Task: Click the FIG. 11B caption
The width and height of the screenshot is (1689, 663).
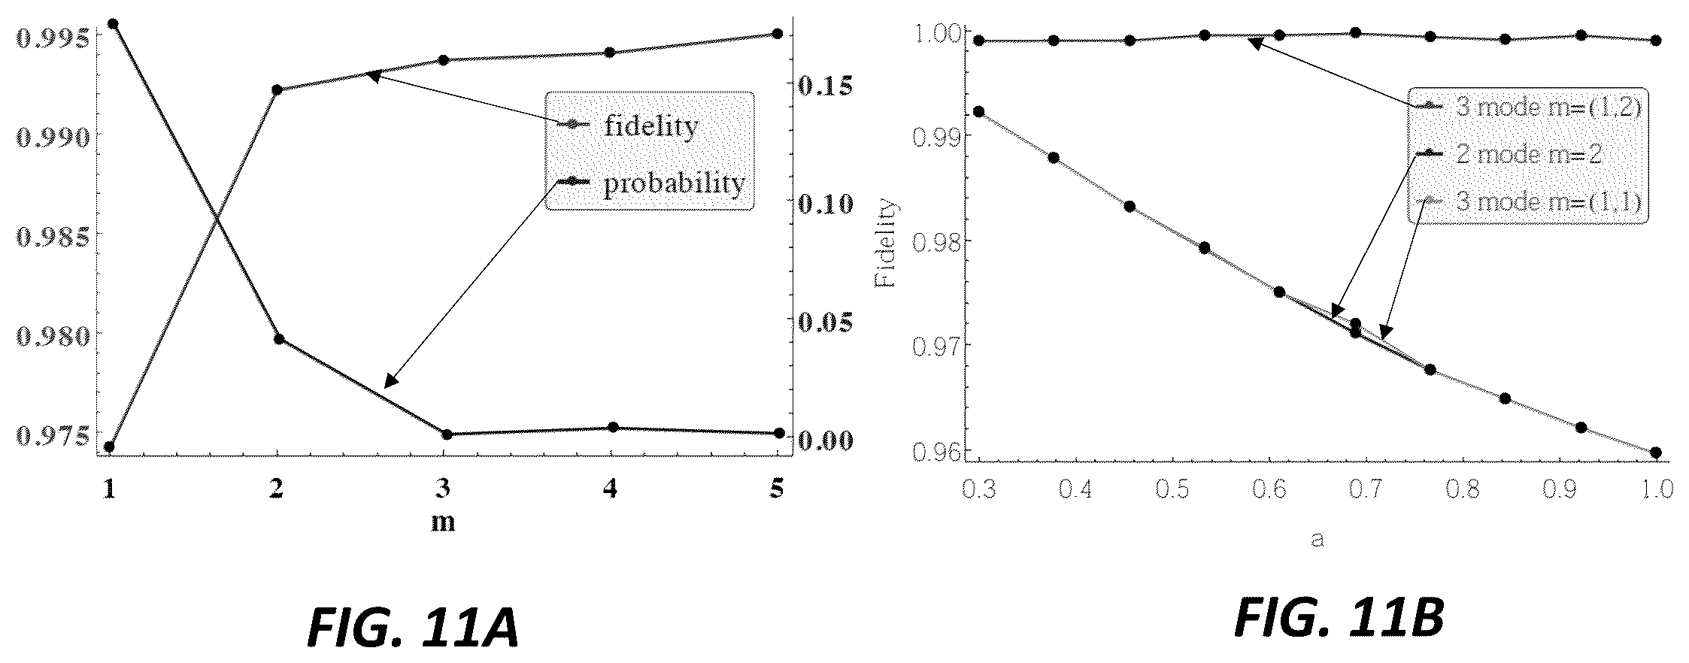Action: point(1339,618)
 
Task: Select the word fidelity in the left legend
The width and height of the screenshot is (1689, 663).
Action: point(651,126)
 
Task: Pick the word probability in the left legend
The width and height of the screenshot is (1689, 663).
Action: point(675,183)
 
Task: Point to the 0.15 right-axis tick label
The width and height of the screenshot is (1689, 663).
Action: point(826,86)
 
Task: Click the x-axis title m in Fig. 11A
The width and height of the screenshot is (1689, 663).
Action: point(443,521)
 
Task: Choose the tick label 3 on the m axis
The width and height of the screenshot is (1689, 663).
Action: point(444,489)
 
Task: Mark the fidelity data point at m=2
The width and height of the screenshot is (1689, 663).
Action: point(277,90)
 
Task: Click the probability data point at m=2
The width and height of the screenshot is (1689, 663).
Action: point(278,339)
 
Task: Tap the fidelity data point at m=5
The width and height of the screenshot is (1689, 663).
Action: point(778,34)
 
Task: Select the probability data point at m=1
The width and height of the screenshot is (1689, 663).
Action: point(113,24)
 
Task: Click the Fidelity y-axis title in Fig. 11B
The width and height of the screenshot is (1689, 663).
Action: point(887,243)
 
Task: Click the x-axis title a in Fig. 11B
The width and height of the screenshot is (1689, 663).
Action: point(1317,539)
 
